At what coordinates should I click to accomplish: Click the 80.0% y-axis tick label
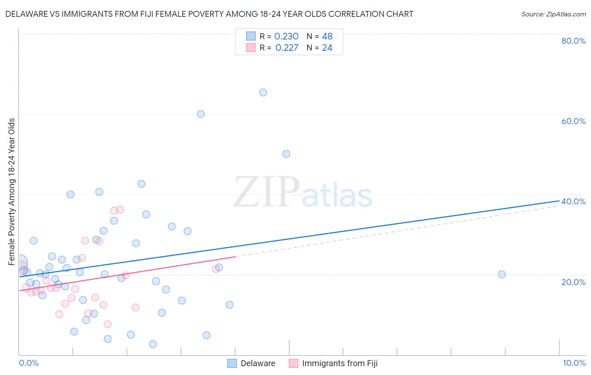pyautogui.click(x=573, y=41)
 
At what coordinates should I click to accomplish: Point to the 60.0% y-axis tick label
pyautogui.click(x=573, y=121)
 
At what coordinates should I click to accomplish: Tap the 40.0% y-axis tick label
pyautogui.click(x=573, y=201)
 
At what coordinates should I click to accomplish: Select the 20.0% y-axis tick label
pyautogui.click(x=573, y=282)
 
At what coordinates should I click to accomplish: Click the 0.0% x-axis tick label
pyautogui.click(x=29, y=363)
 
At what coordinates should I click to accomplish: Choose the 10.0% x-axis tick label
pyautogui.click(x=574, y=363)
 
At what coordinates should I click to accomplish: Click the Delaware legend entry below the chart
pyautogui.click(x=251, y=363)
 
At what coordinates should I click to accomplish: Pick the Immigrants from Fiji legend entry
pyautogui.click(x=334, y=363)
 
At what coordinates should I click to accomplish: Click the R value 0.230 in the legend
pyautogui.click(x=286, y=37)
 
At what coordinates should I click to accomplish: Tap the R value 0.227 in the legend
pyautogui.click(x=287, y=48)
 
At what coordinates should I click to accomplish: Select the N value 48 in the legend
pyautogui.click(x=327, y=37)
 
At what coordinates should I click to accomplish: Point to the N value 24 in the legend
pyautogui.click(x=327, y=48)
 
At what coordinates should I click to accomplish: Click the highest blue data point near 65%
pyautogui.click(x=263, y=92)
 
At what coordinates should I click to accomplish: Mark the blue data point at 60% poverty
pyautogui.click(x=201, y=114)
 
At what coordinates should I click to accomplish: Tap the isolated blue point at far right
pyautogui.click(x=501, y=274)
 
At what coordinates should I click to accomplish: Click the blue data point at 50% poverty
pyautogui.click(x=286, y=154)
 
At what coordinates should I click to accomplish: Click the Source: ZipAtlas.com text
pyautogui.click(x=553, y=14)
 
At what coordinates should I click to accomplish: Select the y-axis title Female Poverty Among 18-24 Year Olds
pyautogui.click(x=12, y=192)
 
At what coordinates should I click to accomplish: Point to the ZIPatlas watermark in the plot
pyautogui.click(x=303, y=193)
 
